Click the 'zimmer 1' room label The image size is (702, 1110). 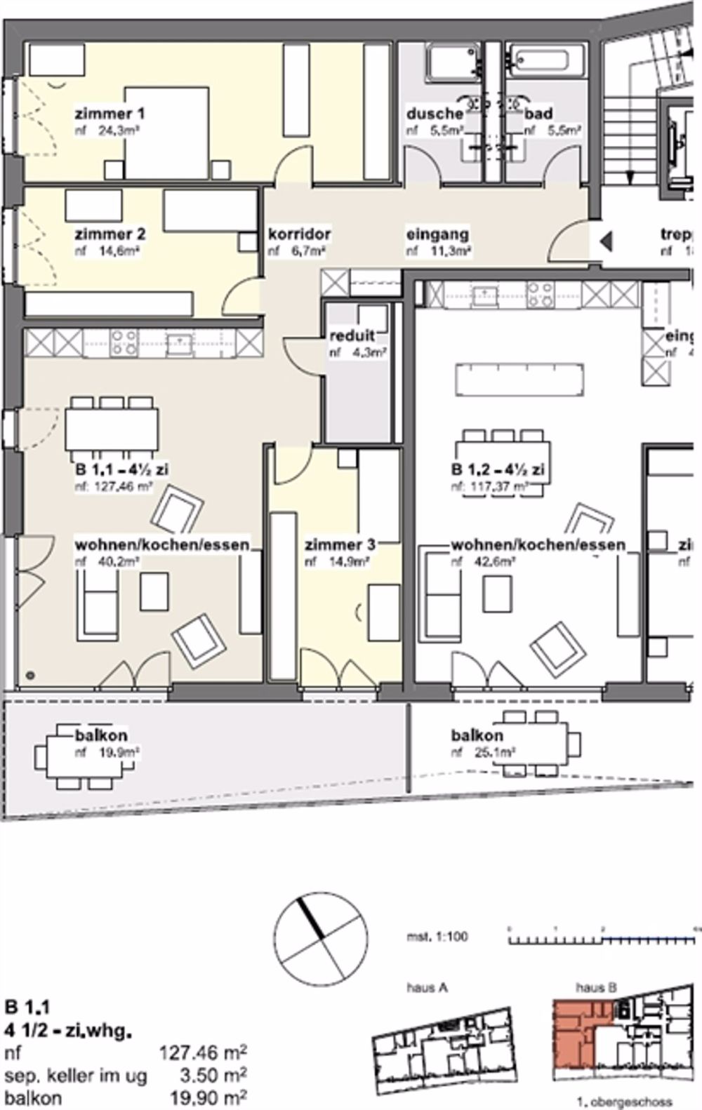point(111,114)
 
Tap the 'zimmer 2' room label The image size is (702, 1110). point(111,234)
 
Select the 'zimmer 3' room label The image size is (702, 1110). point(340,544)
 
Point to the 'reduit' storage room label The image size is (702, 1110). point(352,335)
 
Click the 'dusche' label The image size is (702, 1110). point(435,114)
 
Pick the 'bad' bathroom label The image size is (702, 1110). point(538,114)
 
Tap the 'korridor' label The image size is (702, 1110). point(299,234)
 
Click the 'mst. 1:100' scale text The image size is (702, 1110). point(437,937)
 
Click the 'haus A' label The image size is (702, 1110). point(427,988)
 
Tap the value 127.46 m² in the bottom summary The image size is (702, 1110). point(204,1052)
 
